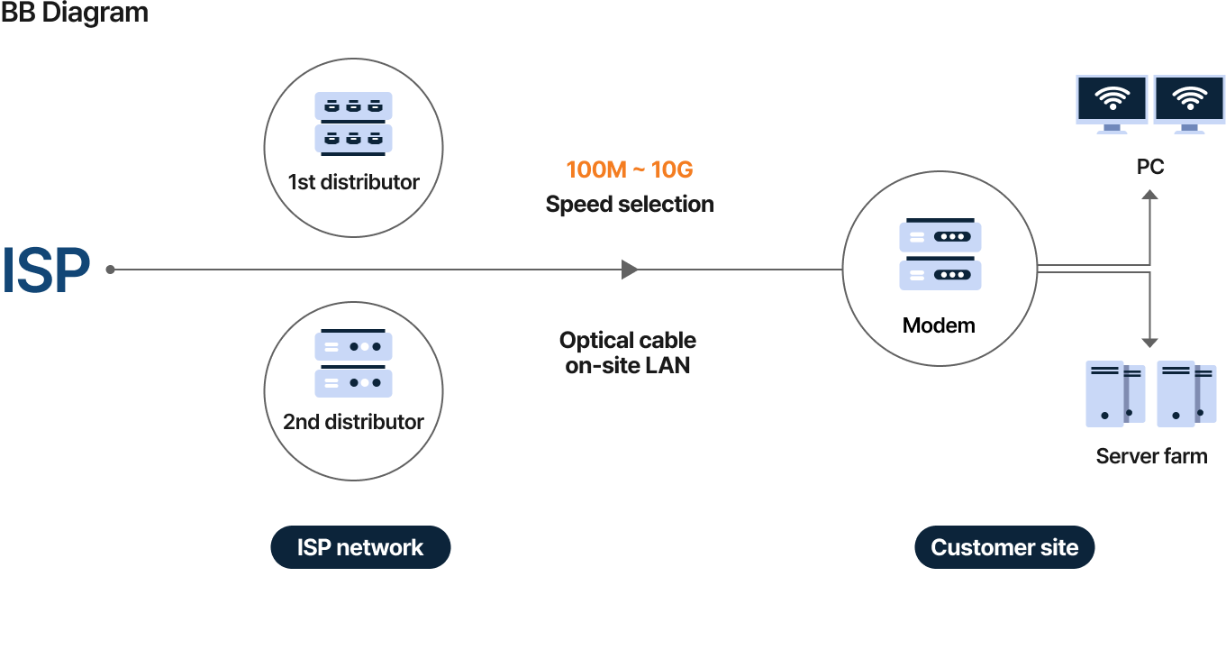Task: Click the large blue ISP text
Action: coord(47,270)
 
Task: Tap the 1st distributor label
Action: coord(353,182)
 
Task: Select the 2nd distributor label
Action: coord(353,422)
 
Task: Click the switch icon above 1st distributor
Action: coord(353,122)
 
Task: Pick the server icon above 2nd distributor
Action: coord(353,364)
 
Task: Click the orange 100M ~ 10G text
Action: coord(630,169)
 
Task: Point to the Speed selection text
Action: coord(630,205)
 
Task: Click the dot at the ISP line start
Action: coord(110,270)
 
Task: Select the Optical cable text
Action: coord(628,341)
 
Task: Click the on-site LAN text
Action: coord(628,365)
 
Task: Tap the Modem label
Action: coord(939,325)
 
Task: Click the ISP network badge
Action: coord(360,547)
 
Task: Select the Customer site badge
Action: coord(1004,547)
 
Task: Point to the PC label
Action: coord(1150,167)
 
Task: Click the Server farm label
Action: coord(1151,456)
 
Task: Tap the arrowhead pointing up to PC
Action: coord(1149,194)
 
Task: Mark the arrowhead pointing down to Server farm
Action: coord(1149,342)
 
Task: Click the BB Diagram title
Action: coord(74,14)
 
